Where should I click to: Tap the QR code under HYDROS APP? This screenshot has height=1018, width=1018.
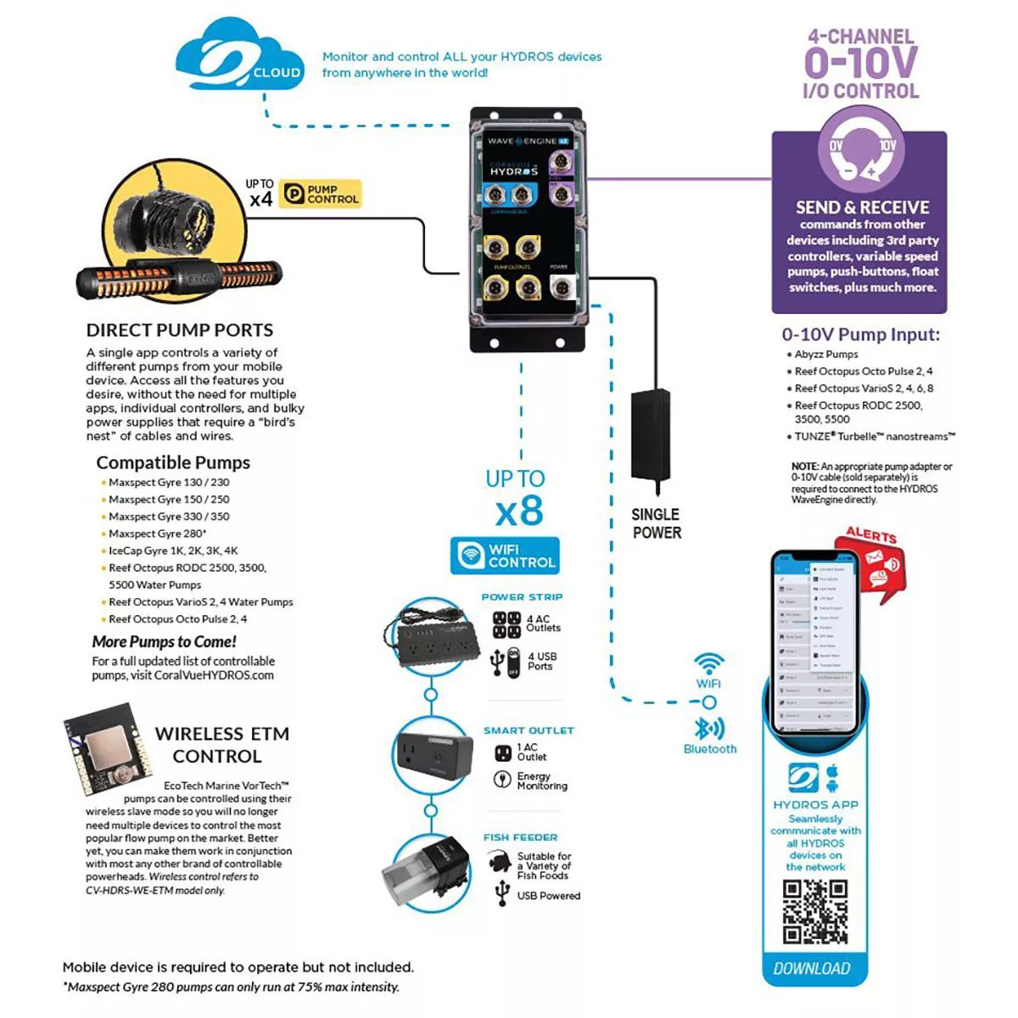point(814,911)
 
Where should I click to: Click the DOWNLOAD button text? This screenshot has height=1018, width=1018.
point(812,969)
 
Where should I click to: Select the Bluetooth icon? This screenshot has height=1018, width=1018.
point(709,729)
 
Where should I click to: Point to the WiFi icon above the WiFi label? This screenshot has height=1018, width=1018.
point(708,663)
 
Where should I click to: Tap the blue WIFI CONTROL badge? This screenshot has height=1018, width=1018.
point(506,556)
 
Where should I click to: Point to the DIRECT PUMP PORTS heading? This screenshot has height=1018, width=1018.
point(180,330)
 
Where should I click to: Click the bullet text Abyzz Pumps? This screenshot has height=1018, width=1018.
point(825,355)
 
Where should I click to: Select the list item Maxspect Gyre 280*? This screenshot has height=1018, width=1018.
point(157,534)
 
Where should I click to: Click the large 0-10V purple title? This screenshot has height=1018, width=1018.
point(860,63)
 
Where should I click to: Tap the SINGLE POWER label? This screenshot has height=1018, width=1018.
point(656,523)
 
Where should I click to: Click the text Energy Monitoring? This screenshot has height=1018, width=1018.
point(541,781)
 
